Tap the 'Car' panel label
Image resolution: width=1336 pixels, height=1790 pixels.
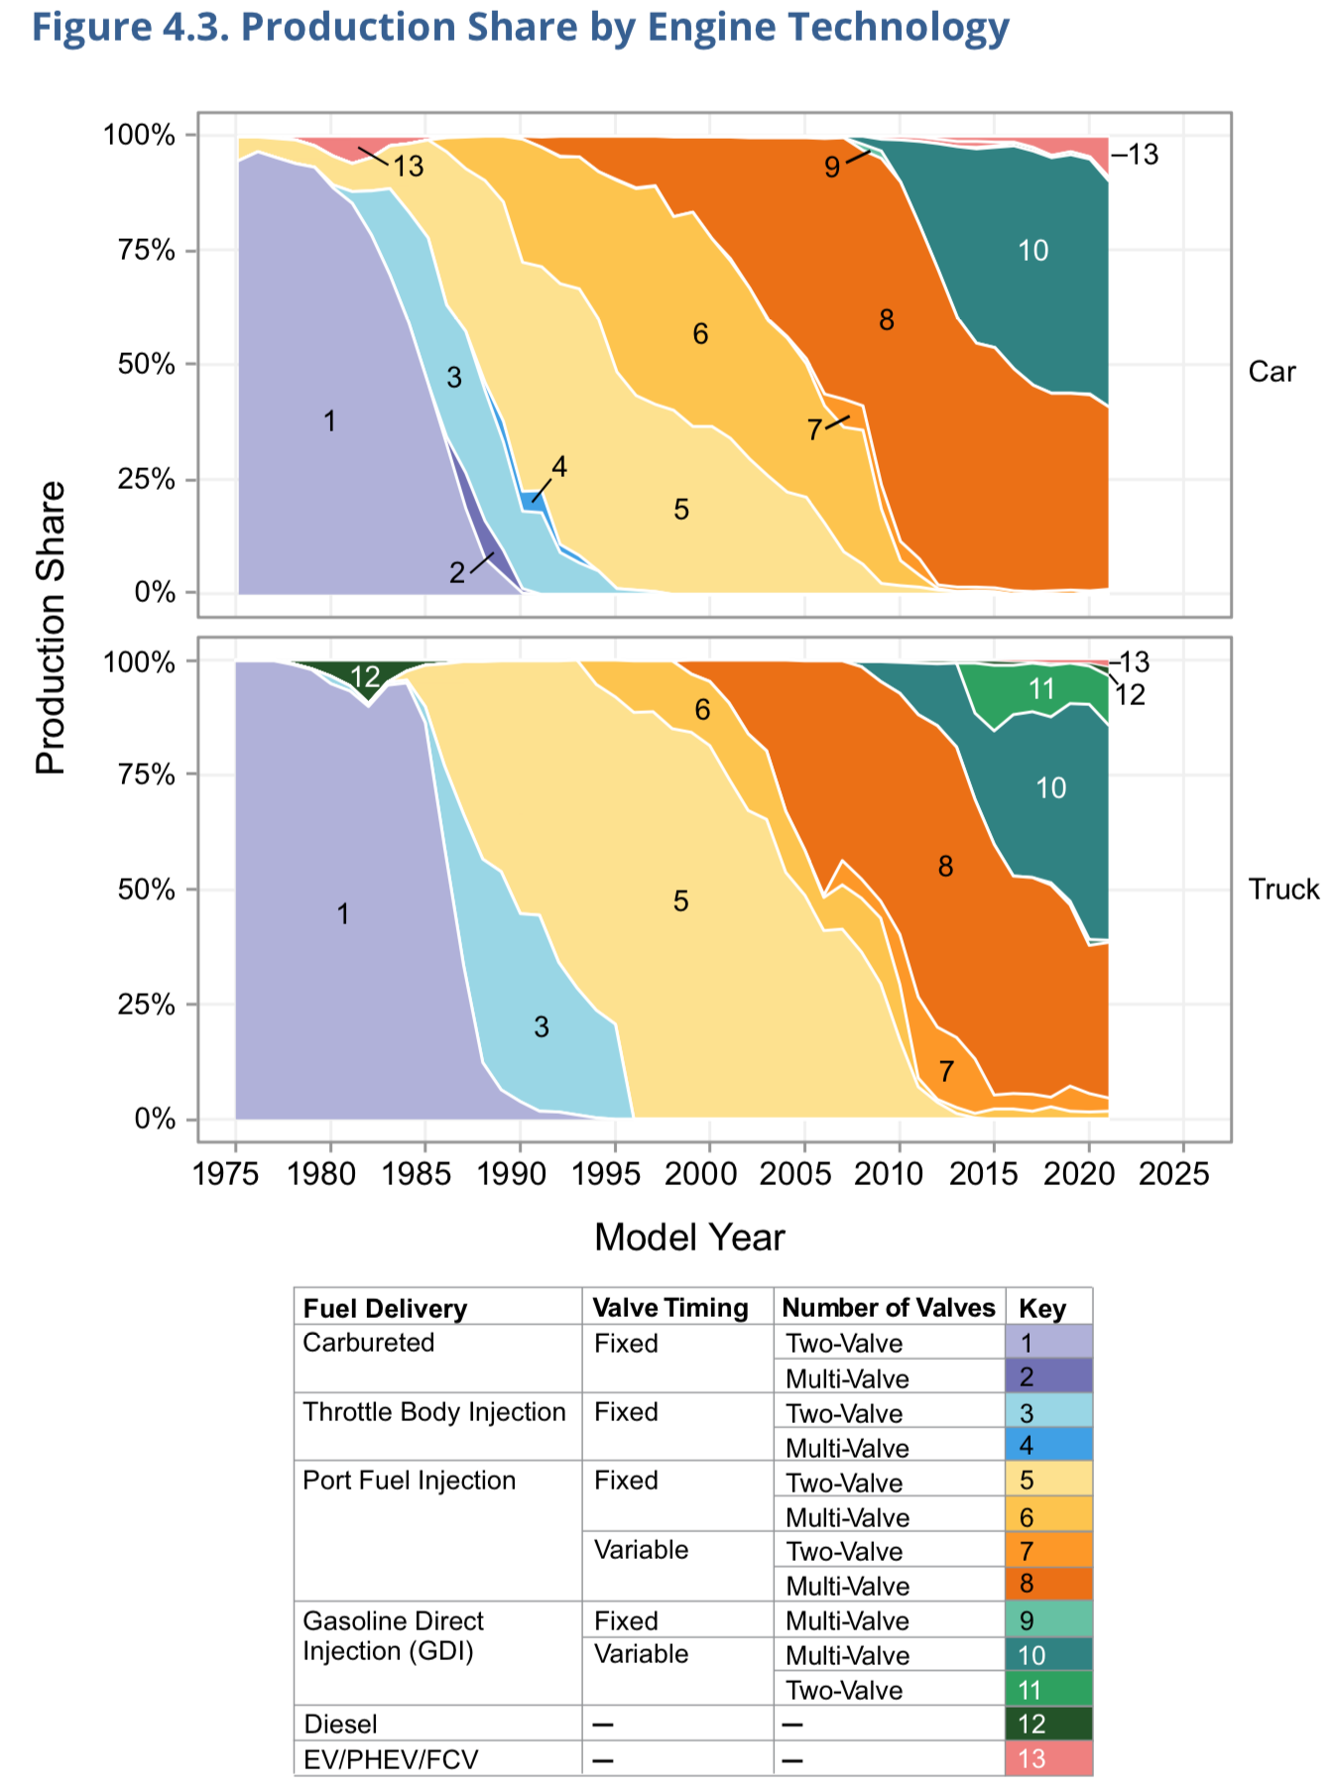point(1272,372)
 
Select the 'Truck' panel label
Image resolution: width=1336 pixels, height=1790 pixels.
point(1283,890)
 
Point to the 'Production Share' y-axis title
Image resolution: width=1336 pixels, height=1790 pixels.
point(51,627)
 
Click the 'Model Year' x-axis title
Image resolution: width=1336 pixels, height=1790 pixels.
point(689,1238)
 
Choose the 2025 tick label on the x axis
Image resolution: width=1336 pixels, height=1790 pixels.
point(1174,1174)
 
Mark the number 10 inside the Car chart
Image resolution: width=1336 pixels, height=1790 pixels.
point(1032,251)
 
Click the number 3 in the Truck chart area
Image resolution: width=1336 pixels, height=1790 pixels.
point(541,1026)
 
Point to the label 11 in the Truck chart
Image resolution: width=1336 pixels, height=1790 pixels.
point(1040,688)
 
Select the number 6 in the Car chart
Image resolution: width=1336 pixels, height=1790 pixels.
point(700,334)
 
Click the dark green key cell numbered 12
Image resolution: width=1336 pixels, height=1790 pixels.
point(1048,1725)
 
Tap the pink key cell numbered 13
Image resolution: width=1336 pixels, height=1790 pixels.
point(1048,1759)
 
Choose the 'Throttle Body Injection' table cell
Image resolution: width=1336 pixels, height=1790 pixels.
point(434,1412)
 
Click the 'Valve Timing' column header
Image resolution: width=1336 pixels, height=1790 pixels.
point(670,1308)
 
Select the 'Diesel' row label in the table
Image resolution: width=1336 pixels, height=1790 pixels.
point(340,1725)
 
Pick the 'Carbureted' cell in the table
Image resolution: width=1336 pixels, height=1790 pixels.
point(369,1343)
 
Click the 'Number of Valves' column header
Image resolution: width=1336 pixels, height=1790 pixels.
point(888,1308)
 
